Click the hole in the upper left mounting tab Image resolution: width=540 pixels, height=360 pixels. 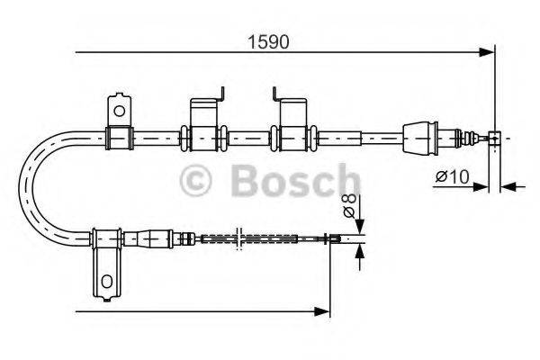click(x=117, y=109)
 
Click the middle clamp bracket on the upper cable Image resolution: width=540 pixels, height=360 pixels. click(x=203, y=136)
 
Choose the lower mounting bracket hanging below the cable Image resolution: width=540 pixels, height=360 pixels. click(x=105, y=270)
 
